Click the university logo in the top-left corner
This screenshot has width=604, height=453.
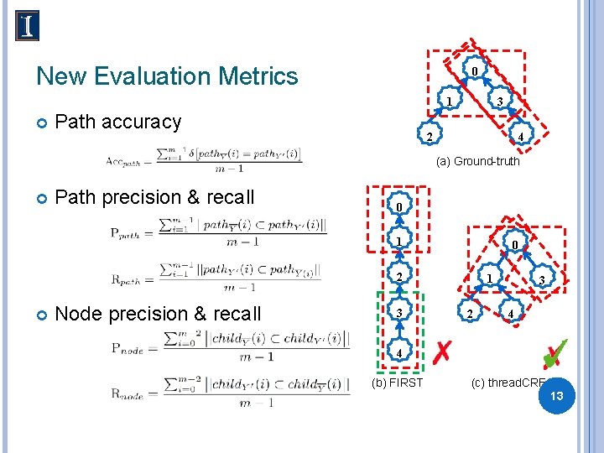pyautogui.click(x=27, y=26)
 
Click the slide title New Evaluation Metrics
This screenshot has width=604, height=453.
pyautogui.click(x=167, y=76)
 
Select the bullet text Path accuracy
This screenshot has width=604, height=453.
pyautogui.click(x=117, y=122)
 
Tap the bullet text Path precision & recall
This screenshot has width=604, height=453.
pyautogui.click(x=154, y=197)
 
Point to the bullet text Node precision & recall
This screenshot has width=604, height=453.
pyautogui.click(x=158, y=314)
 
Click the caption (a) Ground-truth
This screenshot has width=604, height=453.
pyautogui.click(x=478, y=161)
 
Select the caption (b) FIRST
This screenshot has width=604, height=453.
pyautogui.click(x=397, y=383)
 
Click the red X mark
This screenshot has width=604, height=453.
pyautogui.click(x=442, y=352)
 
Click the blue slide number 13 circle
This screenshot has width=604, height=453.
pyautogui.click(x=555, y=394)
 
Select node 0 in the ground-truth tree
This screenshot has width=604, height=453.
pyautogui.click(x=475, y=71)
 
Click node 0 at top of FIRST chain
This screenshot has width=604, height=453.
pyautogui.click(x=400, y=207)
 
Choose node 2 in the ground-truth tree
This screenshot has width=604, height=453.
pyautogui.click(x=428, y=138)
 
